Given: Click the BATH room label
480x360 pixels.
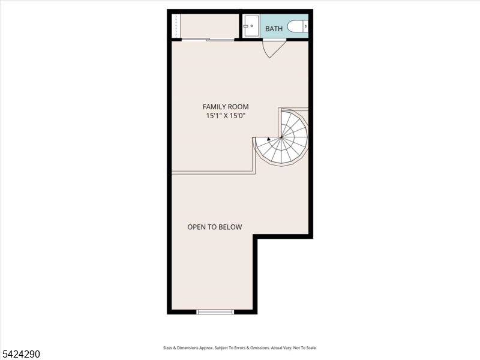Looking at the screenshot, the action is (274, 29).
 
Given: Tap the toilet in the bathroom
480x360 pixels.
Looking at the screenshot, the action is (298, 26).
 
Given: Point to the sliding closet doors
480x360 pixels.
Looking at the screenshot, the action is (208, 40).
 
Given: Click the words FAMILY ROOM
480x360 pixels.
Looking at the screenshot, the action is (226, 107).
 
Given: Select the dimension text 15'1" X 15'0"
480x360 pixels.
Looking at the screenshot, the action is (226, 116).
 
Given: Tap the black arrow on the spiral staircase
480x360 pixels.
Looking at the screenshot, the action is (269, 139).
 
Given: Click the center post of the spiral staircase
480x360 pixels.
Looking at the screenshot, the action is (281, 138).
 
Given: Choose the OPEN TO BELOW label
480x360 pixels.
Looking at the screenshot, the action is (215, 227).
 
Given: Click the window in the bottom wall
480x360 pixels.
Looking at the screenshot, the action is (215, 312).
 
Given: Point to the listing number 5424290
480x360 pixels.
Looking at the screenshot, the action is (20, 354).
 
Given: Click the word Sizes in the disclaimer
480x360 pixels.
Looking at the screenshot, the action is (167, 348).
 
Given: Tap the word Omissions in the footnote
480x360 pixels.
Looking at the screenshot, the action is (260, 348).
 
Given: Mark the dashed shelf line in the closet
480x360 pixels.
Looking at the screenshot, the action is (176, 26).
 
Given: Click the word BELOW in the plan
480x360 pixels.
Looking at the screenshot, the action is (232, 227).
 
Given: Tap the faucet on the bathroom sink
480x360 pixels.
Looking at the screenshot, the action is (245, 26).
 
